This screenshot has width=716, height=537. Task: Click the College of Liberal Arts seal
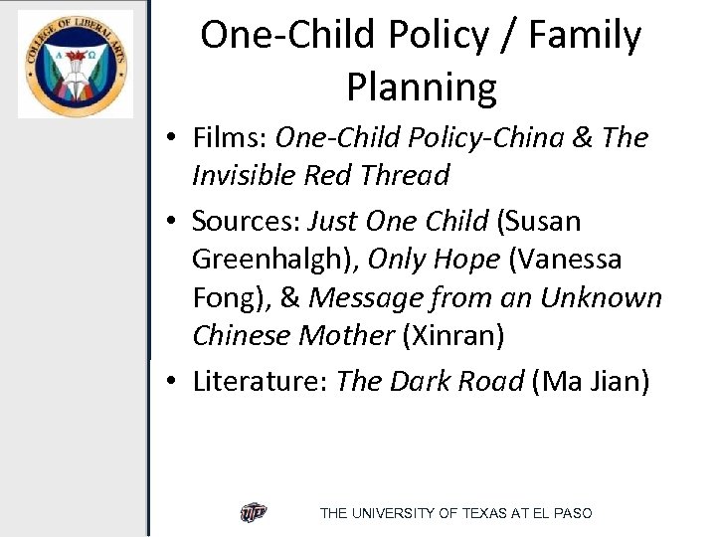pos(76,64)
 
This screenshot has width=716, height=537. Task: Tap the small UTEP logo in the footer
pos(254,513)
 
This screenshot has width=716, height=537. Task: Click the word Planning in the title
pos(421,88)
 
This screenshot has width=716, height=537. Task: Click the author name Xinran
pos(453,336)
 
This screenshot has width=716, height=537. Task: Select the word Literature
pos(260,380)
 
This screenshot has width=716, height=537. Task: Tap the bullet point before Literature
pos(174,381)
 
